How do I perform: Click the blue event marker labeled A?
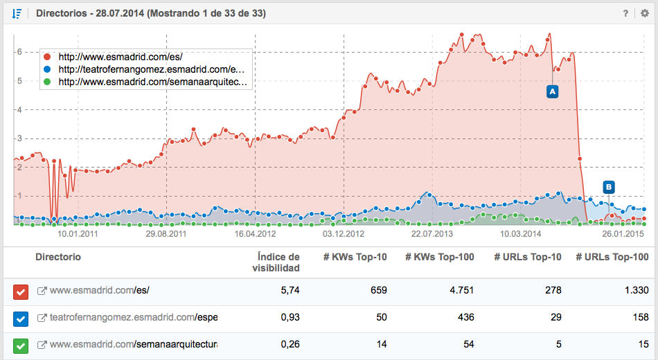tap(552, 91)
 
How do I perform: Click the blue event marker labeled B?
tap(608, 186)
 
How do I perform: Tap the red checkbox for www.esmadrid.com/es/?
tap(21, 292)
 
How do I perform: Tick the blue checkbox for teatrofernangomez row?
tap(21, 318)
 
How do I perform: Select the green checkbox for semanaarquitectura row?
tap(21, 345)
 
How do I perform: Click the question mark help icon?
tap(625, 13)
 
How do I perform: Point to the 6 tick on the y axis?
tap(21, 52)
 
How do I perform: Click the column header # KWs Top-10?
tap(355, 258)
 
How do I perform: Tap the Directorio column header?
tap(58, 258)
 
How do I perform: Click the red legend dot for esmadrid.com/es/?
tap(47, 57)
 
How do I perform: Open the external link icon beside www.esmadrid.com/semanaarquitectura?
tap(42, 344)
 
